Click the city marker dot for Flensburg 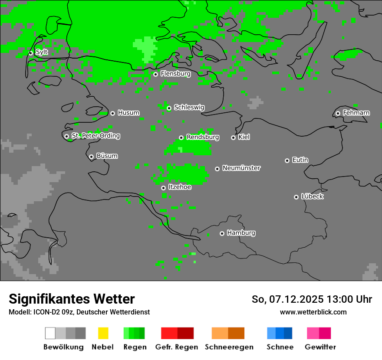pos(155,74)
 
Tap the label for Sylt pos(42,52)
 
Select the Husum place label pos(128,113)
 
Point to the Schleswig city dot pos(169,108)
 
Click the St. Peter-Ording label pos(95,136)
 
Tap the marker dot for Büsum pos(91,157)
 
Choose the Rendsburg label pos(203,137)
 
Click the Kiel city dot pos(233,137)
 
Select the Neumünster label pos(241,168)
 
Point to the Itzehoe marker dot pos(163,188)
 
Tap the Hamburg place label pos(241,233)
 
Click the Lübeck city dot pos(296,197)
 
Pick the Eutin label pos(300,160)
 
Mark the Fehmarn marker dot pos(338,113)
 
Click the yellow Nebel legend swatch pos(103,333)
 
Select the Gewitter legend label pos(320,347)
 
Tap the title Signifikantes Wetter pos(72,299)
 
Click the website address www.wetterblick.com pos(313,312)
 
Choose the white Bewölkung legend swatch pos(50,333)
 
